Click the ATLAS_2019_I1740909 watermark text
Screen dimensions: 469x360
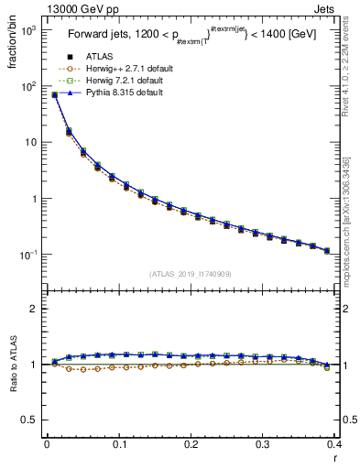click(x=191, y=273)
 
